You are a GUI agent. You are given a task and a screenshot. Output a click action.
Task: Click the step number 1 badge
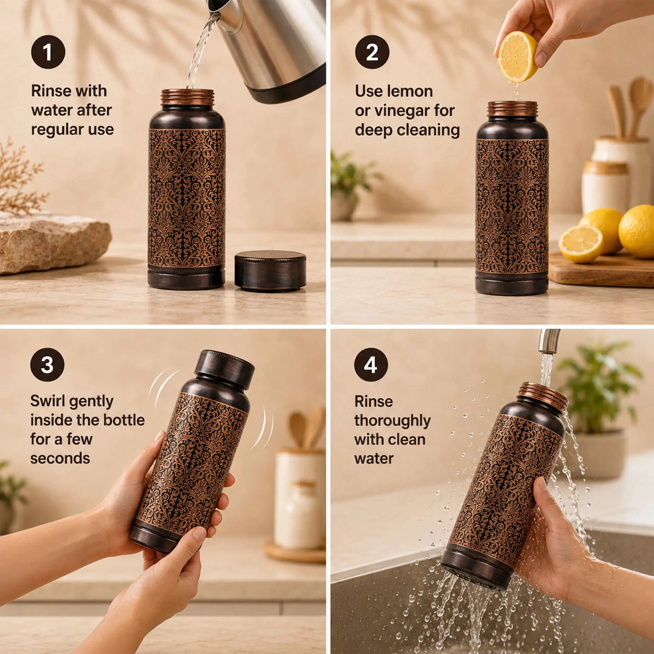48,52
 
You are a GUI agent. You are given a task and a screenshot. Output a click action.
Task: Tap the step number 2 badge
372,52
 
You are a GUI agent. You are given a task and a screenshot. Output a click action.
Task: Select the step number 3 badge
47,365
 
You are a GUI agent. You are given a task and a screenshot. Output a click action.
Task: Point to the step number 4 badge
371,365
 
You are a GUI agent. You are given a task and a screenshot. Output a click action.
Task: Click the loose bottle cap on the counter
270,271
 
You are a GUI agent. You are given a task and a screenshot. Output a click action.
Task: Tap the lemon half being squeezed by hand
518,57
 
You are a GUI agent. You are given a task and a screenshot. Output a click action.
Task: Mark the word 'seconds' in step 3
60,459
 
